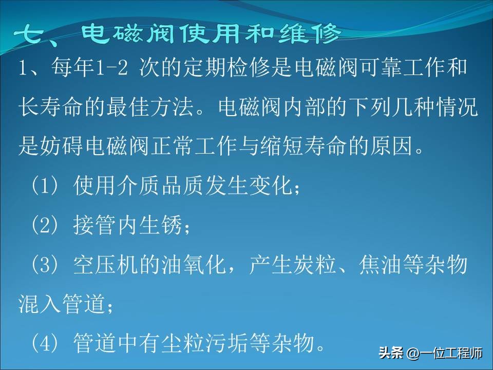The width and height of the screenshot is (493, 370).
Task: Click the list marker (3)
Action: click(46, 265)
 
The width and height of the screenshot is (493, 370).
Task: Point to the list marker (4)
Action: click(46, 342)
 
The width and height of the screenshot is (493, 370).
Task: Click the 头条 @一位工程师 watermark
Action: click(431, 354)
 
